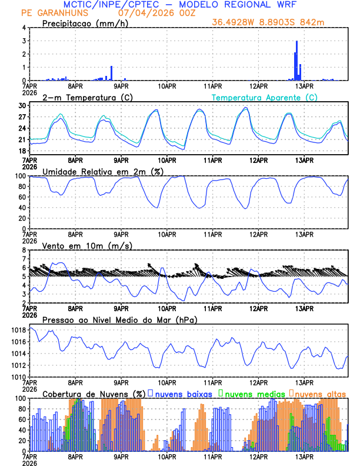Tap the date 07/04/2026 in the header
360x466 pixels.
(146, 12)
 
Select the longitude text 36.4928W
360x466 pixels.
(234, 22)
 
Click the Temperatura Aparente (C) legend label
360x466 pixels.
(265, 97)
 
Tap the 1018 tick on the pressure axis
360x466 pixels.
(17, 330)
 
